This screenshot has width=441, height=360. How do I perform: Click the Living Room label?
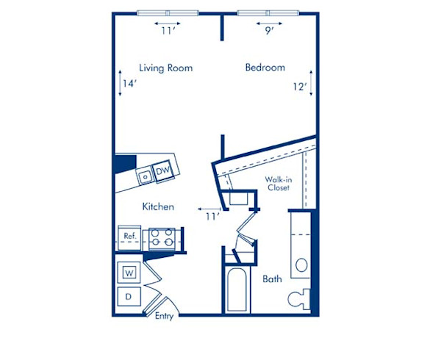[x=166, y=68]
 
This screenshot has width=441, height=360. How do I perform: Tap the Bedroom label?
[x=265, y=68]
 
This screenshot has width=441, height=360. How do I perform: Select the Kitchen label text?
[x=158, y=207]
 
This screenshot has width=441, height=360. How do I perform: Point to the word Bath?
[x=273, y=279]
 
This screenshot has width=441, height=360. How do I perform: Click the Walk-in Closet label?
[x=278, y=183]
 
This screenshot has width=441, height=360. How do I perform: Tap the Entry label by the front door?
[x=165, y=317]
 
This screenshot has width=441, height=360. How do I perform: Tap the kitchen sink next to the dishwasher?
[x=146, y=176]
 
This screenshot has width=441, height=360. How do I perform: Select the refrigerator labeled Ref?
[x=129, y=237]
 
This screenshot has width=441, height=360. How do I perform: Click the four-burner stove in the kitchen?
[x=161, y=237]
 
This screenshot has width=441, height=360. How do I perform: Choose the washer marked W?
[x=128, y=273]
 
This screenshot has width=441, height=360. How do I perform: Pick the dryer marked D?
[x=128, y=297]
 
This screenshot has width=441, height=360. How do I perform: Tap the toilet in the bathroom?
[x=300, y=299]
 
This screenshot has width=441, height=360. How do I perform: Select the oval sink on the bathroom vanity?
[x=301, y=265]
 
